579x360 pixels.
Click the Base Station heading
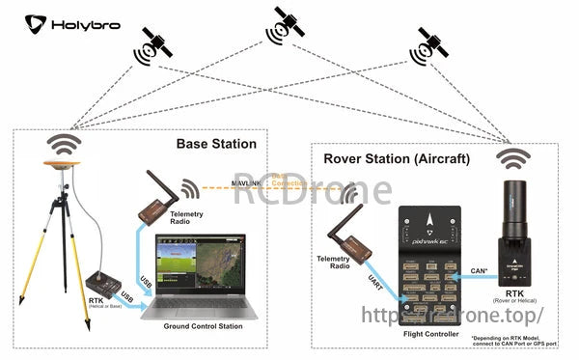pos(216,144)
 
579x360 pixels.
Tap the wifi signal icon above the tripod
pos(67,145)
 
